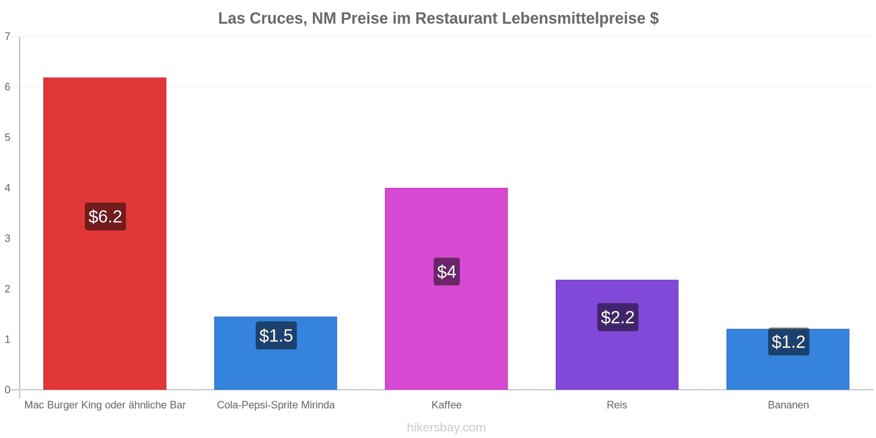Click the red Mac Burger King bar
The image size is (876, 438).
click(x=105, y=233)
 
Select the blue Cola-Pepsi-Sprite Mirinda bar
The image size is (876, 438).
click(x=276, y=353)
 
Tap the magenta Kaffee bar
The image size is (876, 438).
click(x=446, y=289)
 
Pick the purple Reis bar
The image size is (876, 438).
click(x=617, y=335)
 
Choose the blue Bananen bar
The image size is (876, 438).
click(x=788, y=359)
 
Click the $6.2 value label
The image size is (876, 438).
click(x=105, y=217)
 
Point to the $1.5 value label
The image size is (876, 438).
click(x=276, y=336)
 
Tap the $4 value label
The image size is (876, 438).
click(x=447, y=272)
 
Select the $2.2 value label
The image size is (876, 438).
click(x=618, y=317)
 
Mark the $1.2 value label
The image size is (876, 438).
click(x=788, y=342)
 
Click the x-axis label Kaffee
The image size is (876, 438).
click(x=447, y=405)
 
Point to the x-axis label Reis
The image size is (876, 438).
click(x=617, y=405)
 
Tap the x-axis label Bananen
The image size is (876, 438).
click(x=788, y=405)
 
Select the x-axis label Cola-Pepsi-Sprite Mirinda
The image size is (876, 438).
click(x=276, y=405)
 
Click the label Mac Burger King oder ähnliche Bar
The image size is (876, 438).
click(x=105, y=405)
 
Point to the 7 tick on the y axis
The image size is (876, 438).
click(x=8, y=36)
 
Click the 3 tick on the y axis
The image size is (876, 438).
click(x=8, y=239)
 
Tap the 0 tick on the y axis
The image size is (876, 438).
click(x=8, y=390)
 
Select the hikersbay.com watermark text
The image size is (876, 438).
click(x=446, y=427)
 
